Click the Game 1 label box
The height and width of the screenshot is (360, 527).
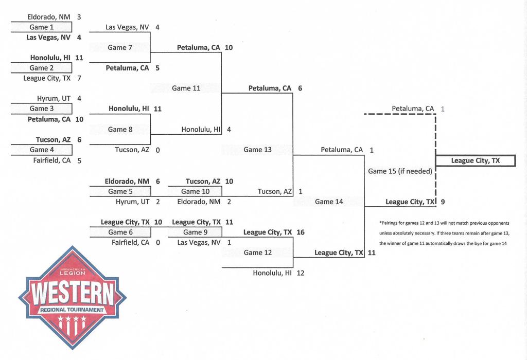tap(41, 27)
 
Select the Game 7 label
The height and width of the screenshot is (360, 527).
tap(120, 47)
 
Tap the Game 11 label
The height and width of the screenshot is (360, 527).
tap(186, 88)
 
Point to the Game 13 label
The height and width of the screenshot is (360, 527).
tap(257, 150)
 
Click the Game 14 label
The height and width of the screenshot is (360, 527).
tap(329, 202)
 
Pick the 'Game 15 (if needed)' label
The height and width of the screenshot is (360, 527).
tap(400, 171)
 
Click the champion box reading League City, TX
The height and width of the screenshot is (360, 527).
tap(475, 161)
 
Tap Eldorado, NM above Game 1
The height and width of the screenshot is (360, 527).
tap(49, 17)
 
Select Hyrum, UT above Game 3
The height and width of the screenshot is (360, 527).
tap(54, 98)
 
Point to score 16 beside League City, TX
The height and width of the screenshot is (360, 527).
tap(300, 232)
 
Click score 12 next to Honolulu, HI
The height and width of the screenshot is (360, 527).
tap(300, 273)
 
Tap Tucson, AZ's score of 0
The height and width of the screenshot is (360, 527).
tap(157, 150)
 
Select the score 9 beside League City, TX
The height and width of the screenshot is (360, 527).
tap(443, 202)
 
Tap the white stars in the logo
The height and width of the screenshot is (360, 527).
tap(72, 322)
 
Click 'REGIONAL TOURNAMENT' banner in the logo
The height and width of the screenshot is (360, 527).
tap(72, 310)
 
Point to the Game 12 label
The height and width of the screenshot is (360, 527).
tap(257, 253)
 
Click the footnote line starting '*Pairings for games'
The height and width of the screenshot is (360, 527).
tap(444, 223)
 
